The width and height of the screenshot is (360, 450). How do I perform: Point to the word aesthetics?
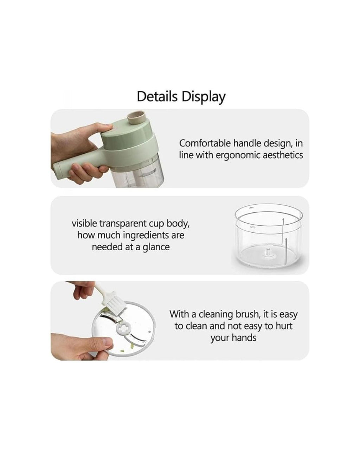coord(282,155)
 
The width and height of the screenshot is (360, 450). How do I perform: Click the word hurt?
coord(284,326)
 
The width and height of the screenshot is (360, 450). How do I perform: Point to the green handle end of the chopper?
coord(58,170)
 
